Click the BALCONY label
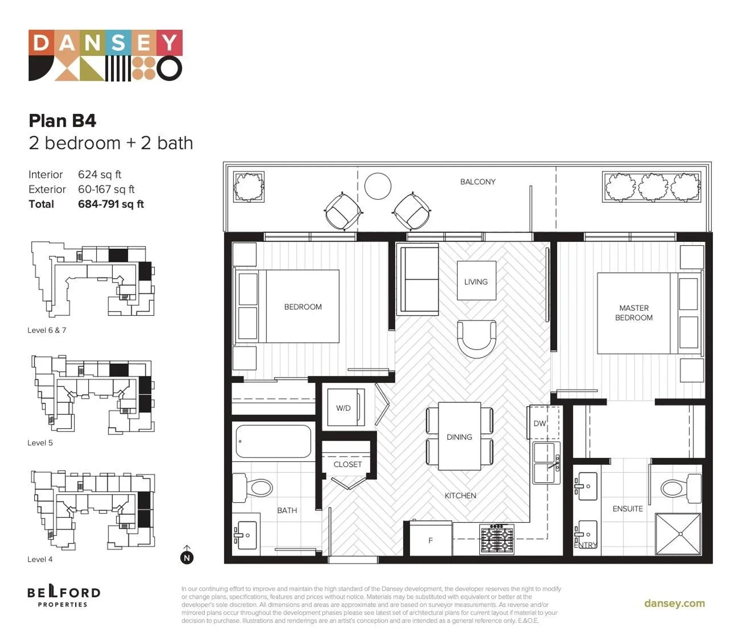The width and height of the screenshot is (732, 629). coord(477,182)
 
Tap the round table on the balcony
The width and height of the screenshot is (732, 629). coord(377,186)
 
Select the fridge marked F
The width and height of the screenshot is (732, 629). coord(430,540)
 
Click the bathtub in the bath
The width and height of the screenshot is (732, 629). coord(273,441)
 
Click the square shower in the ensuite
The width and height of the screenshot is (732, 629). coord(677,534)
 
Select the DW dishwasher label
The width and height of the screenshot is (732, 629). coord(539,423)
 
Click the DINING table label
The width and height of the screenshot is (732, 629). coord(459,437)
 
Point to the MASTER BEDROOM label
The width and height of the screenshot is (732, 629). coord(634,313)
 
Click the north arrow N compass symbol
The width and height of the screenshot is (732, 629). coord(187,557)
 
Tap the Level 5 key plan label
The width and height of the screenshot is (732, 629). coord(40,443)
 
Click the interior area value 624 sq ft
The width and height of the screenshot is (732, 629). coord(100,175)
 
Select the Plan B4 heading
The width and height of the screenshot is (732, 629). coord(63,121)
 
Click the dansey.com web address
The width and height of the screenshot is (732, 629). coord(674,603)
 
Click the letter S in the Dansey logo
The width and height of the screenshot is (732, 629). coord(118,42)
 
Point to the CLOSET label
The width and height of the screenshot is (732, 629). coord(347,464)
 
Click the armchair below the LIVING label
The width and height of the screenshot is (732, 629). coord(476,338)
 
